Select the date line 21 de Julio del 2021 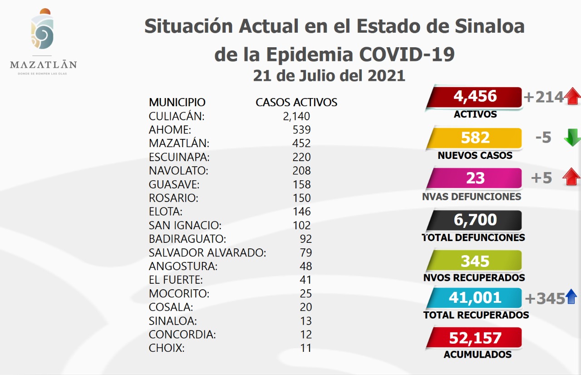(x=329, y=75)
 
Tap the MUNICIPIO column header (x=177, y=102)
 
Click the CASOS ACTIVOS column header (x=296, y=102)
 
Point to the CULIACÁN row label (x=177, y=116)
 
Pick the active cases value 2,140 (x=296, y=116)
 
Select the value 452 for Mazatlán (x=302, y=143)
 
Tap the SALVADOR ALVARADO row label (x=207, y=252)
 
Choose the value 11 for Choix (x=306, y=348)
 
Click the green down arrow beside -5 (x=571, y=138)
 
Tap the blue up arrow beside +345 (x=571, y=297)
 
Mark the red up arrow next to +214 (x=573, y=97)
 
